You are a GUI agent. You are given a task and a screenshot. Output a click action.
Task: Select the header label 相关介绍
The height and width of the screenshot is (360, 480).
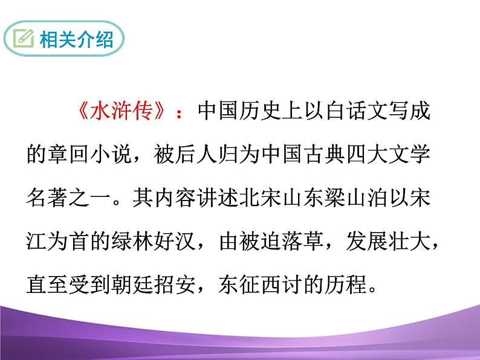coord(76,40)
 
